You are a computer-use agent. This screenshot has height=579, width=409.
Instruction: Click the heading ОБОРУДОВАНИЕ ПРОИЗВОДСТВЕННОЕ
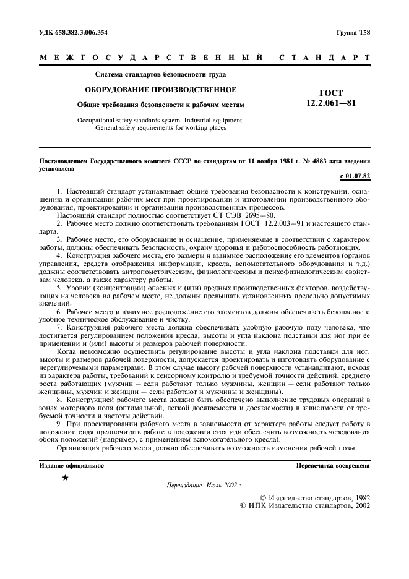152,89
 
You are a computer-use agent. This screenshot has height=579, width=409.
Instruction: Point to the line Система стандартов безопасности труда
152,74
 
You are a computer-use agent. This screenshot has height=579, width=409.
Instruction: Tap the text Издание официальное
71,465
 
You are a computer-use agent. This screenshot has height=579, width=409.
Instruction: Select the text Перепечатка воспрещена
333,465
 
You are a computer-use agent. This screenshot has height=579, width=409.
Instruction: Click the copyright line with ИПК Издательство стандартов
304,505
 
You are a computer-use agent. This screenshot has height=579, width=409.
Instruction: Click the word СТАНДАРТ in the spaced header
325,58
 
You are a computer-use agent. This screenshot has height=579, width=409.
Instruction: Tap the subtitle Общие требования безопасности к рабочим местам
152,105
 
